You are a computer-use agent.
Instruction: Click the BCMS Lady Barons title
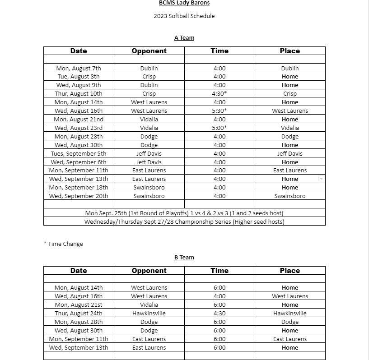pyautogui.click(x=184, y=3)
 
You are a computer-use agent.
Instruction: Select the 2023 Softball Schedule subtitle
pyautogui.click(x=184, y=16)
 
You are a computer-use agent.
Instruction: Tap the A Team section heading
pyautogui.click(x=184, y=38)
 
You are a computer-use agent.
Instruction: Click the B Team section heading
pyautogui.click(x=184, y=258)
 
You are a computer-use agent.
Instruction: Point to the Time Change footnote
pyautogui.click(x=63, y=244)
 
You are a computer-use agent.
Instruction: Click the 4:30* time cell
pyautogui.click(x=220, y=94)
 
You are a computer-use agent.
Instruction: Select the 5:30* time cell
pyautogui.click(x=220, y=111)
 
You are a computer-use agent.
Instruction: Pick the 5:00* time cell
pyautogui.click(x=220, y=128)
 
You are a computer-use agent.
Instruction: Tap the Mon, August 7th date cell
pyautogui.click(x=79, y=69)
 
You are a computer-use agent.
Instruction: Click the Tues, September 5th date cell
pyautogui.click(x=79, y=154)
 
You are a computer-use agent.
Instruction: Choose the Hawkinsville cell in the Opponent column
pyautogui.click(x=149, y=314)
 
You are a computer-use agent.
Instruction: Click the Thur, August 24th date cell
pyautogui.click(x=79, y=314)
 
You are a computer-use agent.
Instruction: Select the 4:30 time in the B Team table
pyautogui.click(x=220, y=314)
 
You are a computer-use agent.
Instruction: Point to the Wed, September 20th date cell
pyautogui.click(x=79, y=196)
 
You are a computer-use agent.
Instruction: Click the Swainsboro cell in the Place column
pyautogui.click(x=290, y=196)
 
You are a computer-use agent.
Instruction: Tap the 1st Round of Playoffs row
pyautogui.click(x=184, y=213)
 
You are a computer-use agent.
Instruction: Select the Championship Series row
pyautogui.click(x=184, y=222)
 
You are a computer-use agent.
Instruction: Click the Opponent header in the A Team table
pyautogui.click(x=149, y=51)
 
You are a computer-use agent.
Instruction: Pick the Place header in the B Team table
pyautogui.click(x=290, y=271)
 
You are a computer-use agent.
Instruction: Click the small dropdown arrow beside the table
pyautogui.click(x=321, y=179)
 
